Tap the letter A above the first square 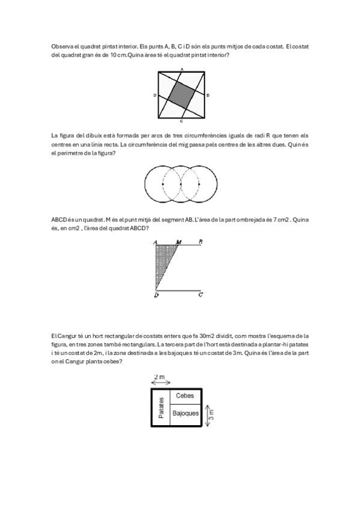pyautogui.click(x=182, y=70)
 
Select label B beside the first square pyautogui.click(x=208, y=96)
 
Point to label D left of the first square pyautogui.click(x=155, y=96)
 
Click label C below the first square pyautogui.click(x=182, y=121)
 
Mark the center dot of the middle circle pyautogui.click(x=181, y=184)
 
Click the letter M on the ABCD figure pyautogui.click(x=178, y=242)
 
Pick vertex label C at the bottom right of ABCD pyautogui.click(x=200, y=295)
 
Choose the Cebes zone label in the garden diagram pyautogui.click(x=185, y=396)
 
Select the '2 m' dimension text pyautogui.click(x=159, y=375)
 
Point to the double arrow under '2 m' pyautogui.click(x=159, y=382)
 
